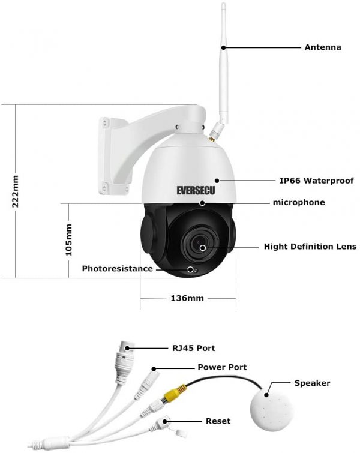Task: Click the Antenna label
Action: tap(323, 47)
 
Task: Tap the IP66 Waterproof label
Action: tap(316, 181)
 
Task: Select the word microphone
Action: tap(299, 202)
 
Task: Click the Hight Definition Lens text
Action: tap(310, 247)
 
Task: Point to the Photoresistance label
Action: tap(118, 269)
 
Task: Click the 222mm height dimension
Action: tap(15, 191)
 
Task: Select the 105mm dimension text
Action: tap(69, 240)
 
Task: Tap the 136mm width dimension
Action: tap(187, 298)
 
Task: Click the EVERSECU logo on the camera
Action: tap(196, 190)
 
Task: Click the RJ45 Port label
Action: tap(194, 348)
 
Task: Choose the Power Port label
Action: tap(222, 367)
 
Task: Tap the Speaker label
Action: tap(312, 383)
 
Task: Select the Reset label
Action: tap(218, 421)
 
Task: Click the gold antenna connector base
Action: tap(212, 140)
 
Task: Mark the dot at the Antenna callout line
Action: tap(223, 47)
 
